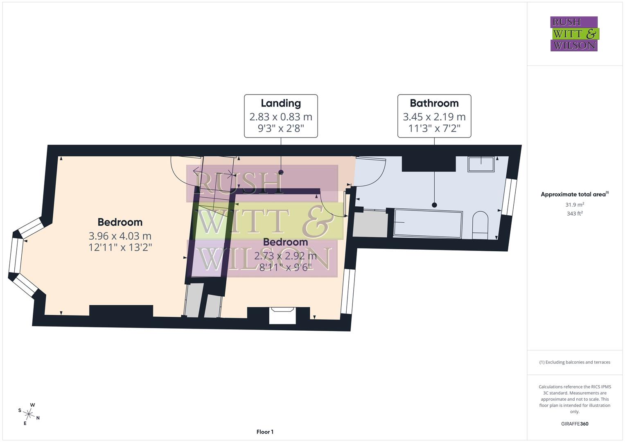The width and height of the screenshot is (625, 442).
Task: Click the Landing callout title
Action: pos(281,103)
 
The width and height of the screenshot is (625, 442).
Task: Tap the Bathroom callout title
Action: pos(434,103)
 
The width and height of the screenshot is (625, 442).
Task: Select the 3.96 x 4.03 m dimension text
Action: pos(120,236)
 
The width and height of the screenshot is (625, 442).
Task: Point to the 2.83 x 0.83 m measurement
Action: pos(281,117)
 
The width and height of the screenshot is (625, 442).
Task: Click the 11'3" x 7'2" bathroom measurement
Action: pos(434,129)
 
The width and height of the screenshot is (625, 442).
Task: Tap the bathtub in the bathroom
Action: pos(428,223)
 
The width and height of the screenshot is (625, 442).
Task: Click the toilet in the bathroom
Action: pos(480,226)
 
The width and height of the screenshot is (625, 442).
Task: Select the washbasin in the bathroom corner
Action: pos(481,164)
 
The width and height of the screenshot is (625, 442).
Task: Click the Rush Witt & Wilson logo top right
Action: pos(574,34)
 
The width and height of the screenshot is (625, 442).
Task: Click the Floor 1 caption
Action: pos(265,432)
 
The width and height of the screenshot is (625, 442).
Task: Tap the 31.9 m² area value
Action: pos(575,205)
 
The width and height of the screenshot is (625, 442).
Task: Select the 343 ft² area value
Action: pos(575,213)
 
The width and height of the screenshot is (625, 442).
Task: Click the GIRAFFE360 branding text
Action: pos(575,424)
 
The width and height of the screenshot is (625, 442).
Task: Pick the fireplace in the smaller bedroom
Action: pos(282,315)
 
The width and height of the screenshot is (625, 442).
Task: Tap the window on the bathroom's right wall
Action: pos(509,197)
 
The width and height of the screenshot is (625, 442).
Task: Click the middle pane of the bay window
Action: pos(16,255)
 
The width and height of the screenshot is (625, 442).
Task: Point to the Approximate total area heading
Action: pos(575,194)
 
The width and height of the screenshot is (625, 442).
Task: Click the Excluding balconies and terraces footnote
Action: pos(575,362)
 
